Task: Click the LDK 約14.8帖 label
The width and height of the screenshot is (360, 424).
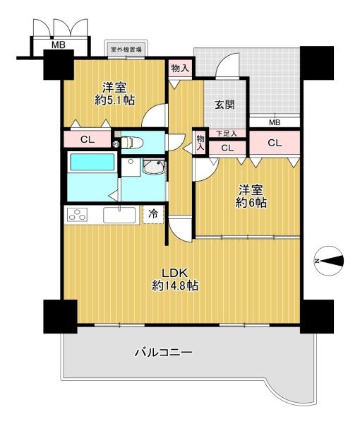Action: coord(175,279)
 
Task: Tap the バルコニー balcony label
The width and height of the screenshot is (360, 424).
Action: coord(163,353)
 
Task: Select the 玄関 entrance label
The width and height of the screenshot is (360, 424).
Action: coord(224,105)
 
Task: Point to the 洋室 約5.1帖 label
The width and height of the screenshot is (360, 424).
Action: coord(114,94)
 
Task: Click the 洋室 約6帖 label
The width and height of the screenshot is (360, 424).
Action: coord(251,196)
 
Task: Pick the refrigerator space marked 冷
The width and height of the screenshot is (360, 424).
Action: coord(153,214)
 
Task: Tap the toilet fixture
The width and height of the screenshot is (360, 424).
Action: coord(131,142)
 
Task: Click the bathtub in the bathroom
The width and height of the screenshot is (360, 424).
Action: coord(92,163)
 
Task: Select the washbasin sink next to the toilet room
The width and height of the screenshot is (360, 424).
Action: coord(154,167)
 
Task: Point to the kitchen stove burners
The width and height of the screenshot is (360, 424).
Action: coord(78,215)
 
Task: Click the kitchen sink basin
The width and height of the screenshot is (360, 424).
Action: coord(119,216)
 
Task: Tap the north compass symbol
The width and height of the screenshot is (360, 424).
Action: coord(329,261)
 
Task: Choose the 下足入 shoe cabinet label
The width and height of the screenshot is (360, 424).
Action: coord(227,133)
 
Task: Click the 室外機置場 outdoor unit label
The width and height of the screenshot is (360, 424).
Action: coord(126,49)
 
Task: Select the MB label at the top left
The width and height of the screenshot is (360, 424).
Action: coord(59,45)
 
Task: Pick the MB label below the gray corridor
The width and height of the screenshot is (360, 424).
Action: coord(275,122)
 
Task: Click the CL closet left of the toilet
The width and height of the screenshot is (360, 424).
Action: coord(88,139)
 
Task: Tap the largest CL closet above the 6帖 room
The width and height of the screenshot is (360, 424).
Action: coord(275,143)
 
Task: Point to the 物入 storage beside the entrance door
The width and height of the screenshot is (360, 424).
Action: coord(179,68)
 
